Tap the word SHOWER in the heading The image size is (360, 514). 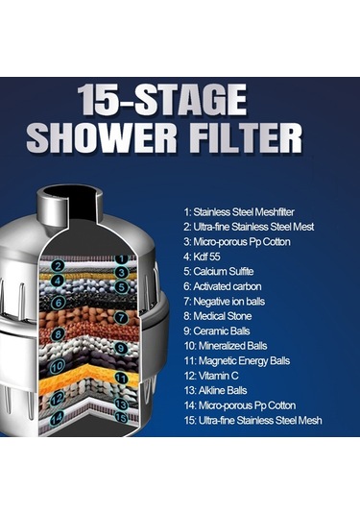[102, 137]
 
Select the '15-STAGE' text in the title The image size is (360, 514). [161, 99]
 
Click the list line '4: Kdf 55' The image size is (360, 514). [202, 257]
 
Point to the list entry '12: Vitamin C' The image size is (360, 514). [211, 376]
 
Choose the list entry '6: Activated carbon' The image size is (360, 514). [223, 286]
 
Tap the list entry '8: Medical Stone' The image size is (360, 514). [218, 316]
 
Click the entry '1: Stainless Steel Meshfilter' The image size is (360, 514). [239, 212]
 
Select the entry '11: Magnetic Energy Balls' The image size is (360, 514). [237, 361]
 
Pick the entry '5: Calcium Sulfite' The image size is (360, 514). [219, 272]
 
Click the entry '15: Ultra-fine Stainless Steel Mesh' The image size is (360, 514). [252, 420]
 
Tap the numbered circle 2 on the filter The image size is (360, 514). [58, 265]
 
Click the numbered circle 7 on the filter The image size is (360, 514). [121, 317]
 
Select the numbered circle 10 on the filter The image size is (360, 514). [57, 366]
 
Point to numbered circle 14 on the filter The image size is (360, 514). [57, 418]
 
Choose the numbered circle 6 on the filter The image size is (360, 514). [59, 303]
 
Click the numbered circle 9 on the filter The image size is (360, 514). [121, 348]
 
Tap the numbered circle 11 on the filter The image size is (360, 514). [121, 379]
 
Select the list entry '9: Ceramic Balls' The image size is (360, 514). [217, 331]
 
